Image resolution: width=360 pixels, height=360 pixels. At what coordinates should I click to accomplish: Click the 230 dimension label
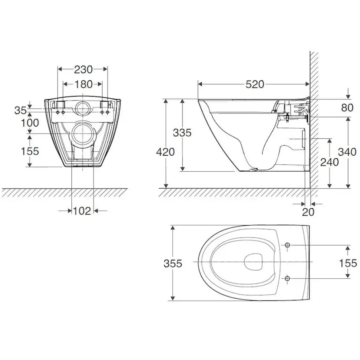point(83,69)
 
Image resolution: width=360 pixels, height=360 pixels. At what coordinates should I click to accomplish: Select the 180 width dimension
point(83,84)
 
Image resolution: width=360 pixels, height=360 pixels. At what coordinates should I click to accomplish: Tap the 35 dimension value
point(20,110)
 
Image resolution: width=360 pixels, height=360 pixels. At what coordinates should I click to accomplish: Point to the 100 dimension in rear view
point(30,123)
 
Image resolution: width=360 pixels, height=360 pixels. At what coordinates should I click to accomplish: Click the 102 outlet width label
point(82,211)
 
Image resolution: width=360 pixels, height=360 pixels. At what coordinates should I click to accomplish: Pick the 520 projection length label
point(255,84)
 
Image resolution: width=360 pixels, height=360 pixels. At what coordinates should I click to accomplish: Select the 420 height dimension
point(165,152)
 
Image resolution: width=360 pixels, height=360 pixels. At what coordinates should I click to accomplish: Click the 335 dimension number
point(182,133)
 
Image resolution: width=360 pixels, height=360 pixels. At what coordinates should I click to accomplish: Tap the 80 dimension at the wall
point(347,108)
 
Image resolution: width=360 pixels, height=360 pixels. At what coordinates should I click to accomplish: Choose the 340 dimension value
point(347,152)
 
